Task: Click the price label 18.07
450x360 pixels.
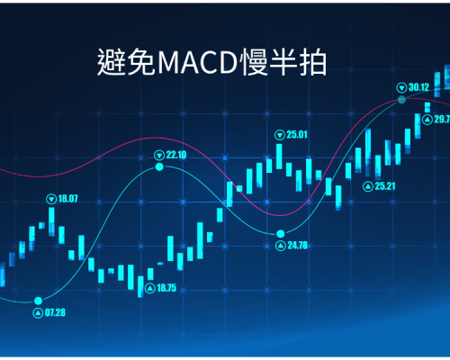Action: (x=67, y=199)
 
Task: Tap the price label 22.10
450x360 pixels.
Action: (x=176, y=155)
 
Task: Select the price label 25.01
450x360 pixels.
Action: (x=297, y=135)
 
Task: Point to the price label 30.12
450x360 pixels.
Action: (x=418, y=87)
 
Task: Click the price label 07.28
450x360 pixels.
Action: (x=55, y=312)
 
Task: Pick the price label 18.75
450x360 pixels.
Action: (x=166, y=288)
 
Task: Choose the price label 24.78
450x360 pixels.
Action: (x=298, y=246)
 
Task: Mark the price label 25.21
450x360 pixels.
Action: (x=385, y=186)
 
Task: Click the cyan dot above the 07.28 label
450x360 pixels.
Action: (x=38, y=301)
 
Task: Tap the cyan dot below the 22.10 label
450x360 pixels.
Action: (x=159, y=166)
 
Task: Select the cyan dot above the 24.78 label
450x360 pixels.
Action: (x=281, y=233)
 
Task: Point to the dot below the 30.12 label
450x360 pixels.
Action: (x=401, y=100)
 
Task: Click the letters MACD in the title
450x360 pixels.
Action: (x=198, y=63)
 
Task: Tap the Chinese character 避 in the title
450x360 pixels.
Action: (x=112, y=62)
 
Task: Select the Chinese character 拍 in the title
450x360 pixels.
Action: (x=313, y=62)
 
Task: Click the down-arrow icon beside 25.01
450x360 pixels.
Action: (x=280, y=135)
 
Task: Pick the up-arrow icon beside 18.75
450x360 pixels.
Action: (x=150, y=289)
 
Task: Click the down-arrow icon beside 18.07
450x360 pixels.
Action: (x=51, y=199)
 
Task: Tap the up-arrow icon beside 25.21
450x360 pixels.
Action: (x=368, y=186)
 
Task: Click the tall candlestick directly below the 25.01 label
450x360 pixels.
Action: (x=279, y=157)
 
